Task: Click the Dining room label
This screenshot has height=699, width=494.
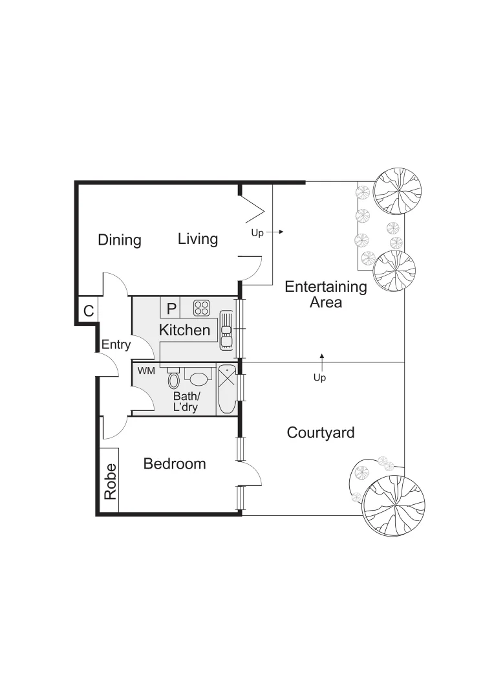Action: (120, 240)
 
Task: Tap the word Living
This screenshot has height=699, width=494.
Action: (198, 239)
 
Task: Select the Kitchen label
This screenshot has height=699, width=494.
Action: (185, 330)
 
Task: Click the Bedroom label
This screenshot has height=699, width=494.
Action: (175, 463)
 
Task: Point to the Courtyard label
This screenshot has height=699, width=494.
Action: (321, 432)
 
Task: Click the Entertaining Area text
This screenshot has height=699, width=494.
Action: (326, 294)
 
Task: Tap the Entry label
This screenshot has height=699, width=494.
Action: (116, 345)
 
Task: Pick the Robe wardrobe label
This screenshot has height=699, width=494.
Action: (110, 482)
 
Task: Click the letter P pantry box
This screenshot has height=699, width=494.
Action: (171, 308)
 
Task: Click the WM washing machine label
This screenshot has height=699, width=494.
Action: (146, 371)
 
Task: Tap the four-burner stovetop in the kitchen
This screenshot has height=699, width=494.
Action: (201, 307)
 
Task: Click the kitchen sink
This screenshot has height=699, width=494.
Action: (226, 330)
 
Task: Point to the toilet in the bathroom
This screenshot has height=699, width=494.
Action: (173, 379)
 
